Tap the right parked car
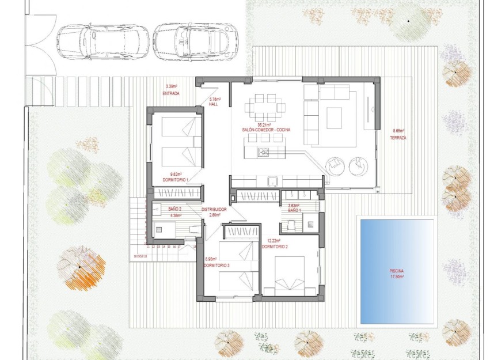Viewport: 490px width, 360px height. click(195, 40)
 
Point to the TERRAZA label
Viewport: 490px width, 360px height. click(398, 138)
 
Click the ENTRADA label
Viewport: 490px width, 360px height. click(171, 93)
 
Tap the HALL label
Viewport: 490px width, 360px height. click(213, 104)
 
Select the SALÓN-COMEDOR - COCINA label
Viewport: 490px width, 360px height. click(266, 130)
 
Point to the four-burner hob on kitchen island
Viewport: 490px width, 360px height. click(263, 152)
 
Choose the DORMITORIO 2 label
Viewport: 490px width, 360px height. click(274, 247)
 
